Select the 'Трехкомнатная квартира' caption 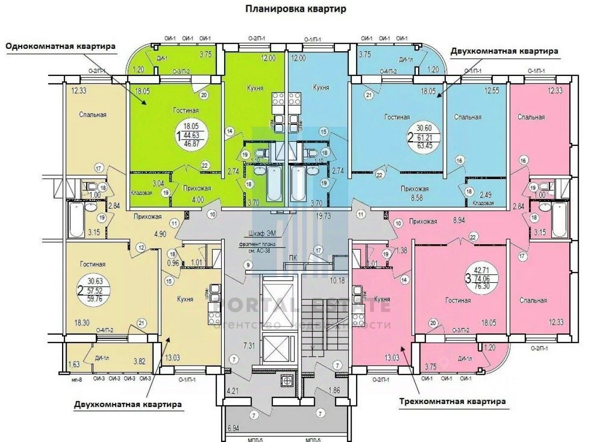click(452, 401)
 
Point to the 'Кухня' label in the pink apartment click(382, 299)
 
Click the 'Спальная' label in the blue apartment click(467, 117)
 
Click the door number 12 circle click(141, 247)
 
